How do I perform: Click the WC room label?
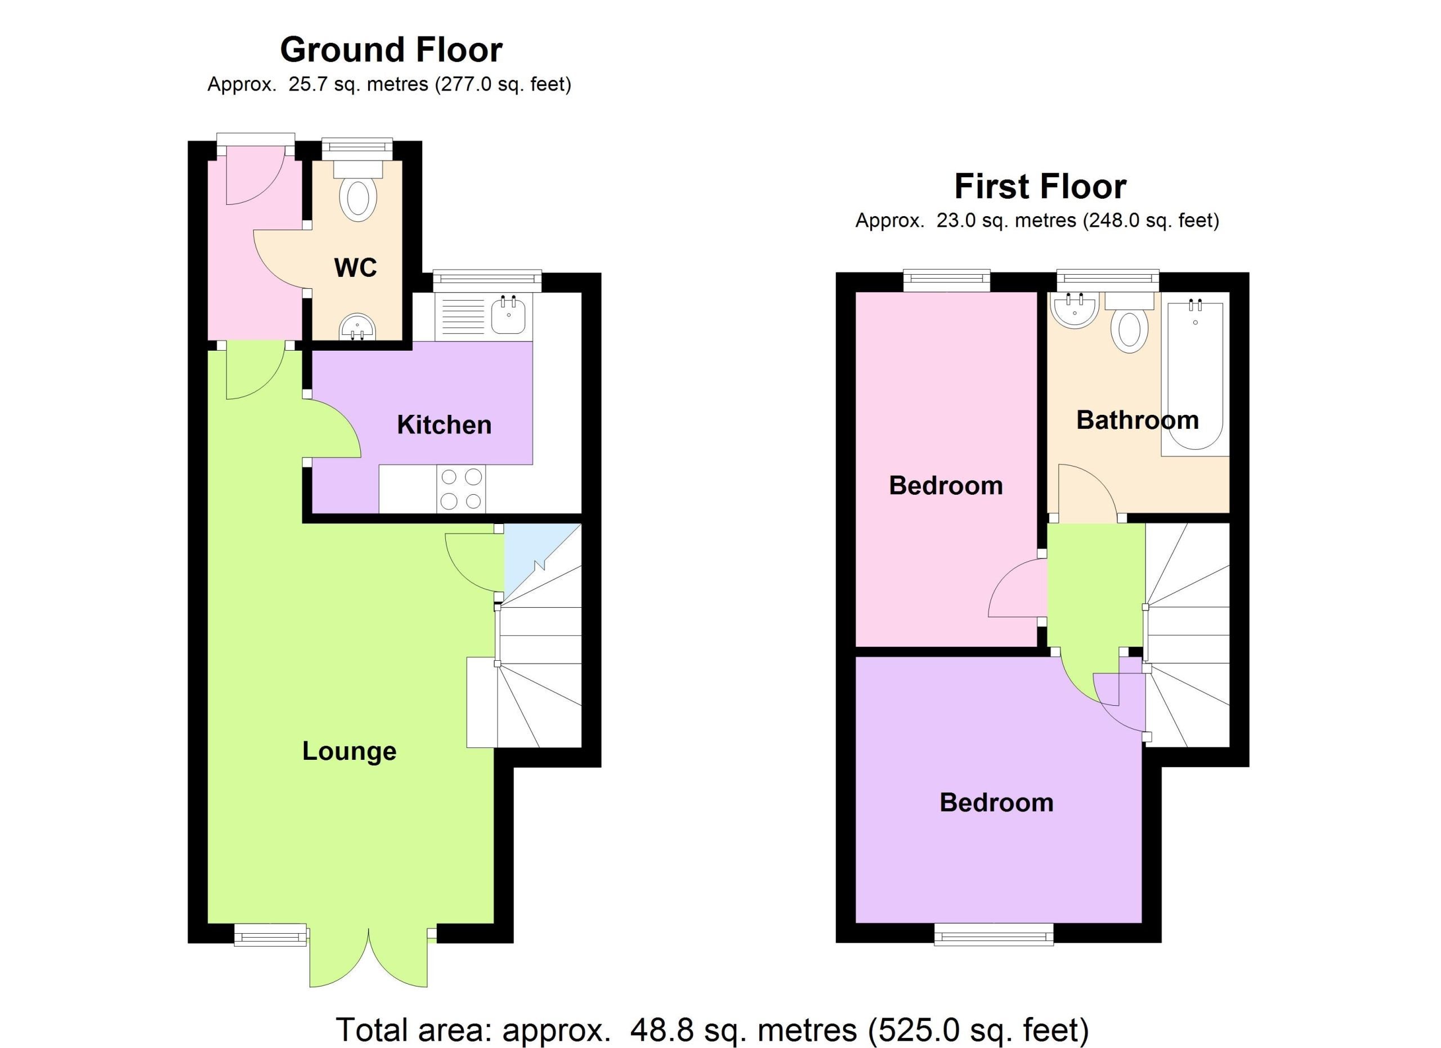point(355,267)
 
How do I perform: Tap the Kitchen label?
point(444,425)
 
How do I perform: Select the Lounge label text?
point(349,751)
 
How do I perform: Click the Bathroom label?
point(1137,420)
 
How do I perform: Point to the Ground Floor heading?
point(391,50)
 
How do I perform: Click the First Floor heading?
point(1040,187)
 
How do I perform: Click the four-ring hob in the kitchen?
point(460,489)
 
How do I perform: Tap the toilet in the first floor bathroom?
point(1129,321)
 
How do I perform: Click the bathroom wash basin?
point(1075,311)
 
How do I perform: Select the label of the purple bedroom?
point(996,803)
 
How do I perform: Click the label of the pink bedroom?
point(946,486)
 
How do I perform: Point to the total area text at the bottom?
point(712,1029)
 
